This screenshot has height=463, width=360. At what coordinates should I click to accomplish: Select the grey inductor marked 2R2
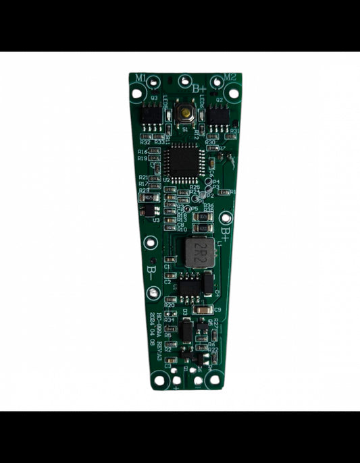click(197, 250)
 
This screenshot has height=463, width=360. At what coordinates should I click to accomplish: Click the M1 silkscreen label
click(140, 78)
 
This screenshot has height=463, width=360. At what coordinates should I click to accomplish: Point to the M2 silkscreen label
click(230, 77)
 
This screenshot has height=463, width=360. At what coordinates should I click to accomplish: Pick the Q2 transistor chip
click(218, 114)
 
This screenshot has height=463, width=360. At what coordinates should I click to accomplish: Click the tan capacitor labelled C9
click(201, 309)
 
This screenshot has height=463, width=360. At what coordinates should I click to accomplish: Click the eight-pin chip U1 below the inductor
click(190, 288)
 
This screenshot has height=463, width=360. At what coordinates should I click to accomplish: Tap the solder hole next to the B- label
click(154, 292)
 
